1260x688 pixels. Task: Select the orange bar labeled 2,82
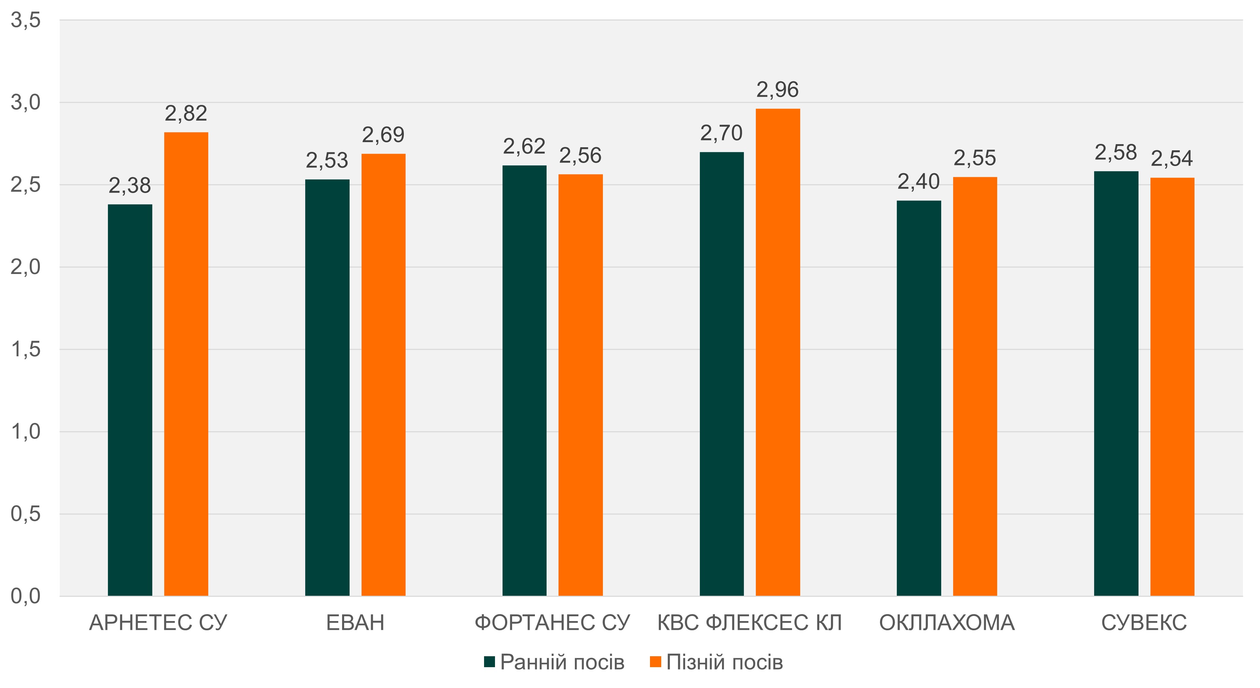tap(186, 364)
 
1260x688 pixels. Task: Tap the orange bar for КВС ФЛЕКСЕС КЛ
tap(778, 352)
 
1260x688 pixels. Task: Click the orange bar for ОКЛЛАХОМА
tap(975, 387)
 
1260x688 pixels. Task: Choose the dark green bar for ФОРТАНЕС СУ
tap(524, 381)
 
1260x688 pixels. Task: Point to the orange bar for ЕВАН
tap(383, 375)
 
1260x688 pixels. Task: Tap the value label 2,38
tap(130, 186)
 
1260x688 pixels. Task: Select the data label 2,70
tap(721, 134)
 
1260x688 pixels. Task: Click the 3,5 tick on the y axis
tap(26, 20)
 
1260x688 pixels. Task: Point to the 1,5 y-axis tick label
tap(26, 349)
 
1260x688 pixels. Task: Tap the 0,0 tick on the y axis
tap(26, 596)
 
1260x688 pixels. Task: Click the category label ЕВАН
tap(355, 623)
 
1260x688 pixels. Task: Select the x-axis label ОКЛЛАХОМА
tap(947, 623)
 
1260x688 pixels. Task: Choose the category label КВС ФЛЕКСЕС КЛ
tap(749, 623)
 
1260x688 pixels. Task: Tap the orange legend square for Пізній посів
tap(655, 662)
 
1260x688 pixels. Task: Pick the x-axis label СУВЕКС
tap(1144, 623)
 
